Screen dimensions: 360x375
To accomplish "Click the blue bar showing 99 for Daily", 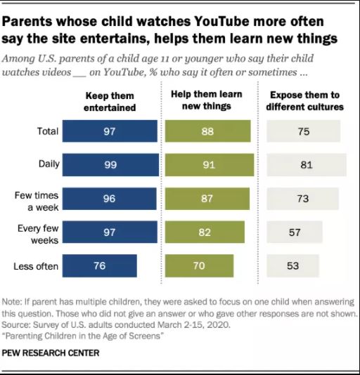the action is (x=110, y=165).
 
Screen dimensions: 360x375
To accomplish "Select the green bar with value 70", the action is (x=199, y=265).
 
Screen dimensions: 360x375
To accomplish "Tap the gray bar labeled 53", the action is (x=293, y=265).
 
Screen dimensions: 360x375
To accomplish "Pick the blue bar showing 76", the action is (x=100, y=265).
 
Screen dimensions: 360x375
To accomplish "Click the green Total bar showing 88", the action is (x=208, y=131).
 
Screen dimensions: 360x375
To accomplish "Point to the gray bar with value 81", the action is (x=307, y=165).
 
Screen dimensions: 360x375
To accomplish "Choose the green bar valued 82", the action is (x=205, y=232).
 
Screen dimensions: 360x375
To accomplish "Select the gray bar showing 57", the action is (x=295, y=232).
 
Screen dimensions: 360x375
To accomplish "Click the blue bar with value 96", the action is (x=110, y=199).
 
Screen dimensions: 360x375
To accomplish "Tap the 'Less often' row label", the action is (x=36, y=266).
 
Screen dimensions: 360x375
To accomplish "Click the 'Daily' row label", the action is (x=49, y=164).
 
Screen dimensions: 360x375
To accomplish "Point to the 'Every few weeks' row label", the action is (x=38, y=234).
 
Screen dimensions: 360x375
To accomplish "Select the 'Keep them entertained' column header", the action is (x=110, y=102).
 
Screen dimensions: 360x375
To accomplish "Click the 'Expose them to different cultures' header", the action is (x=305, y=100).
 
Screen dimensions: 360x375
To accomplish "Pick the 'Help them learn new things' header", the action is (x=207, y=100).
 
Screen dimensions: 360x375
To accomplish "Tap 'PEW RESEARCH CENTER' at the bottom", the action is (x=51, y=353).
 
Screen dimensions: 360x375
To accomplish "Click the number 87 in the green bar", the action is (x=207, y=199).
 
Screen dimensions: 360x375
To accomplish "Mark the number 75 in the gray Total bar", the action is (x=304, y=131).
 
